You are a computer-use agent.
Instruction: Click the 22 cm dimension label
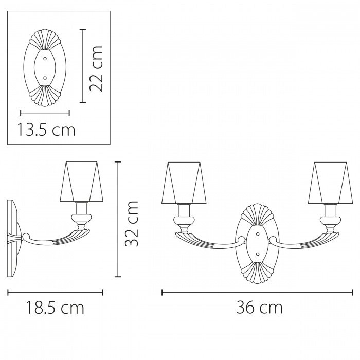pyautogui.click(x=96, y=68)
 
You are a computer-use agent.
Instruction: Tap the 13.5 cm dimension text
pyautogui.click(x=46, y=130)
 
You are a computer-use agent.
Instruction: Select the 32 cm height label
pyautogui.click(x=132, y=224)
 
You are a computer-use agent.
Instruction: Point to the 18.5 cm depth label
pyautogui.click(x=55, y=308)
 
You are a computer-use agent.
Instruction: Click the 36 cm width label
pyautogui.click(x=259, y=308)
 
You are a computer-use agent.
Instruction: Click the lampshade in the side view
pyautogui.click(x=81, y=182)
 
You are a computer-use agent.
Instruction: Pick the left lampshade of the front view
pyautogui.click(x=184, y=183)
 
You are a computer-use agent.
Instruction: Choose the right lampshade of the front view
pyautogui.click(x=330, y=183)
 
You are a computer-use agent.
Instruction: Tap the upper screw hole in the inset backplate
pyautogui.click(x=45, y=58)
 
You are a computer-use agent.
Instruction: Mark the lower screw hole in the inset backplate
pyautogui.click(x=45, y=78)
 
